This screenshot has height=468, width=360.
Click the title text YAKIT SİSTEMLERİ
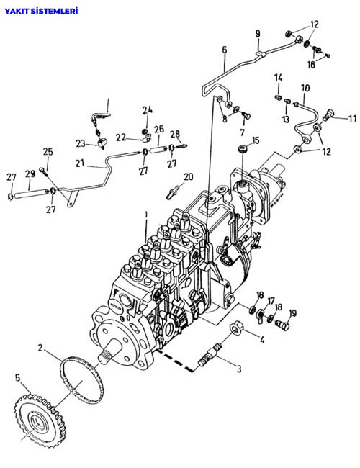coord(41,11)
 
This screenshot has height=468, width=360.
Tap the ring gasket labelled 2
coord(82,380)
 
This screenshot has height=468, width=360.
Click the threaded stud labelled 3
coord(210,354)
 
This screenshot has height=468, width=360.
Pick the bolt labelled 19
coord(282,325)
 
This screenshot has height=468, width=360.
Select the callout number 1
coord(146,215)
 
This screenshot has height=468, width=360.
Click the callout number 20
coord(188,177)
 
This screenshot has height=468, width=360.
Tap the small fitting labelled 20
coord(172,192)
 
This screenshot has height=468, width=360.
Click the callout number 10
coord(305,88)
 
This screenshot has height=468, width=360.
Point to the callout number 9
coord(258,34)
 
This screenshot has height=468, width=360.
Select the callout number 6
coord(224,50)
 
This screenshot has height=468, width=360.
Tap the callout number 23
coord(81,143)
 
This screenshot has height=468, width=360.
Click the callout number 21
coord(80,163)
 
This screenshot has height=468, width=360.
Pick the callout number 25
coord(48,152)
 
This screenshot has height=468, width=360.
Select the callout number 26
coord(159,129)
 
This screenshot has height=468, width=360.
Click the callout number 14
coord(278,78)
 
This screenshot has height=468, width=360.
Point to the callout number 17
coord(271,301)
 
